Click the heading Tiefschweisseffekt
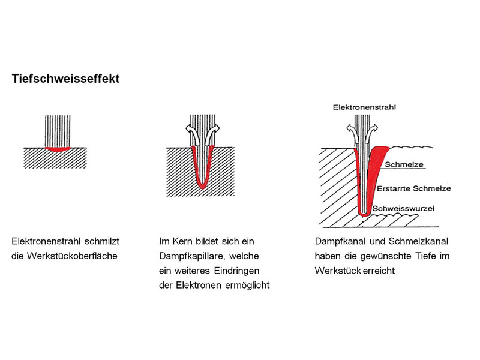pyautogui.click(x=65, y=79)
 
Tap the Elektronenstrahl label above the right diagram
pyautogui.click(x=364, y=107)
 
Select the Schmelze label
pyautogui.click(x=404, y=164)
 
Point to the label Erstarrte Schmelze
pyautogui.click(x=414, y=188)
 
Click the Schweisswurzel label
pyautogui.click(x=403, y=209)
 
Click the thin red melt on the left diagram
pyautogui.click(x=58, y=149)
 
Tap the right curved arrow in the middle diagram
pyautogui.click(x=213, y=134)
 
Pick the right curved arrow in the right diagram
pyautogui.click(x=371, y=134)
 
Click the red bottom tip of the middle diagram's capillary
pyautogui.click(x=202, y=185)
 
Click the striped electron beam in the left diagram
pyautogui.click(x=58, y=131)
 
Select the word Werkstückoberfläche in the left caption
pyautogui.click(x=72, y=256)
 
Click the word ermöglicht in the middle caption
pyautogui.click(x=247, y=286)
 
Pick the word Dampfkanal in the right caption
pyautogui.click(x=340, y=242)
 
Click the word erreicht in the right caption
pyautogui.click(x=380, y=271)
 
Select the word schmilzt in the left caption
pyautogui.click(x=102, y=242)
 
